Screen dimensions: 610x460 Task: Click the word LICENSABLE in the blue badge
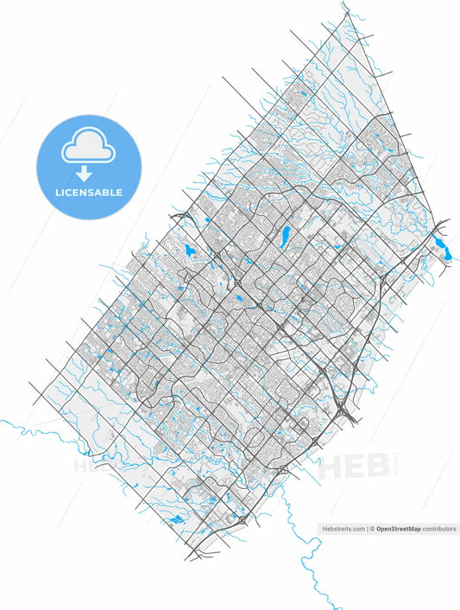[x=89, y=192]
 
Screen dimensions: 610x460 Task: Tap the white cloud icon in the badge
[x=88, y=148]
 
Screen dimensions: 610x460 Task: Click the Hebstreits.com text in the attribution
[x=342, y=529]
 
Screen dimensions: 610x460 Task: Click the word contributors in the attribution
[x=441, y=529]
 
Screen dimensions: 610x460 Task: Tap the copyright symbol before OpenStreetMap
[x=373, y=529]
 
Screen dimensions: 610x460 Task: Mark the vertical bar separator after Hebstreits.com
[x=366, y=529]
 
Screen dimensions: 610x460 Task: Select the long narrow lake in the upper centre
[x=283, y=234]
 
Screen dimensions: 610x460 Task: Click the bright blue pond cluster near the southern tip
[x=176, y=520]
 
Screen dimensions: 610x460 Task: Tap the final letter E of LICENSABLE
[x=119, y=192]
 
